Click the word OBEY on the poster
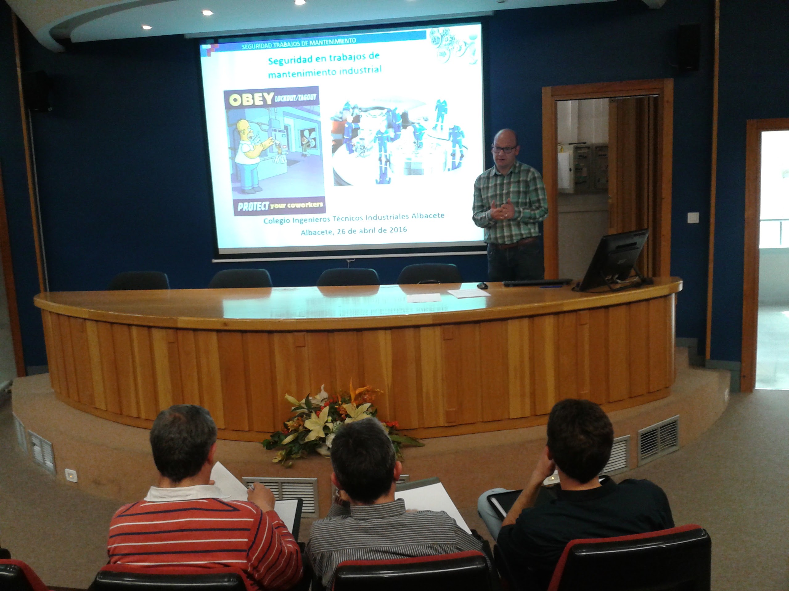(251, 100)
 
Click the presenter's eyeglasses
(504, 149)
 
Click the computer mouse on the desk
(483, 285)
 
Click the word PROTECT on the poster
(254, 207)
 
